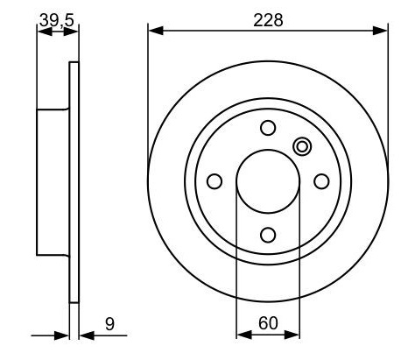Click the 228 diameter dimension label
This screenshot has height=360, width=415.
[268, 19]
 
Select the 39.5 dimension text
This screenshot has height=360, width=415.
[55, 19]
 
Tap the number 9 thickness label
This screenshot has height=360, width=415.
[109, 323]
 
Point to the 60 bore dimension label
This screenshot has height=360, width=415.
[268, 323]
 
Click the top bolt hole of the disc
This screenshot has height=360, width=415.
[268, 127]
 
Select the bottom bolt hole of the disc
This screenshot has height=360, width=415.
[268, 234]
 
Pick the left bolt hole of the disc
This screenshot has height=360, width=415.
[215, 180]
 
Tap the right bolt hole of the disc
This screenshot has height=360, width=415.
[321, 180]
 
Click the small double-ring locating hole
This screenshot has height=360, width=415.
[302, 147]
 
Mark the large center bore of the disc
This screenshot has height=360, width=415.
[268, 180]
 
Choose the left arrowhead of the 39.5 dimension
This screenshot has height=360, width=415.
[41, 31]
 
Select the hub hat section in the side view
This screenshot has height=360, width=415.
[53, 180]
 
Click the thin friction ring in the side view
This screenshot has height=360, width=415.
[74, 180]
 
